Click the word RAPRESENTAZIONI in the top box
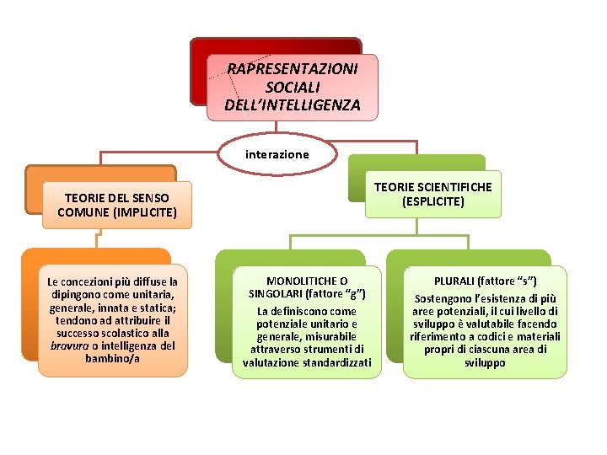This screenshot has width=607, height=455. [x=292, y=68]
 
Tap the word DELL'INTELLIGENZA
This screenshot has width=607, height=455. [x=292, y=105]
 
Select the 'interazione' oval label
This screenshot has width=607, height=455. [x=277, y=154]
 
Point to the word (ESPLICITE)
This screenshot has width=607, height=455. [x=433, y=201]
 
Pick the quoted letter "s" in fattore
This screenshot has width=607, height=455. [x=524, y=281]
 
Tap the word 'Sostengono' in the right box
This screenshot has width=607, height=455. [x=443, y=298]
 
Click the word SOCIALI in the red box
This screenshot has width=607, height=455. [x=292, y=87]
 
